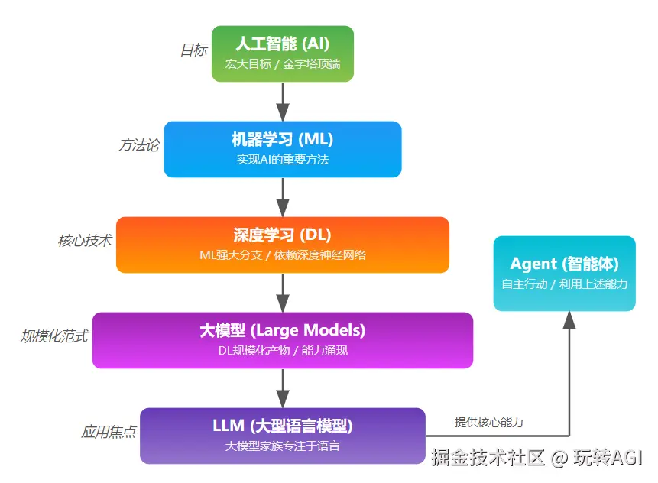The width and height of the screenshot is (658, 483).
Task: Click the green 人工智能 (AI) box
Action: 283,53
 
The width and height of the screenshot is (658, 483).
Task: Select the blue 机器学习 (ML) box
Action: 283,149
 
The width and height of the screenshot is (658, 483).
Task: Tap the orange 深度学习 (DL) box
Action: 283,245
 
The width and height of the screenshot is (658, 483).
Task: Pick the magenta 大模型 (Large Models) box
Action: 283,340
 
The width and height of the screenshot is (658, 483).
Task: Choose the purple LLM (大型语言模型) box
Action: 283,436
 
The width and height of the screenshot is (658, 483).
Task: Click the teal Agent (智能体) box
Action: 564,273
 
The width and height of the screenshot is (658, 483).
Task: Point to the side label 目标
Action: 193,50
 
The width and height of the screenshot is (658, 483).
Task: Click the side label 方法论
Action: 139,145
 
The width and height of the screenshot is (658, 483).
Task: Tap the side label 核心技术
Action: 85,241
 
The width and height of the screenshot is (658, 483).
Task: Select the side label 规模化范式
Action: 54,336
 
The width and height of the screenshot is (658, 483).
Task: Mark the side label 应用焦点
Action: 109,432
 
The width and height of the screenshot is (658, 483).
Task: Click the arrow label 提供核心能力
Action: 489,422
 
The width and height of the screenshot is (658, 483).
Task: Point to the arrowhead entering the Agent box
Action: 569,321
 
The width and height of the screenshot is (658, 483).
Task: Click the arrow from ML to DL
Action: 283,196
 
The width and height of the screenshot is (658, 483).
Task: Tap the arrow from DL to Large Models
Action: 283,292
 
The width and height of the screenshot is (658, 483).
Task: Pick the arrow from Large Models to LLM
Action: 283,387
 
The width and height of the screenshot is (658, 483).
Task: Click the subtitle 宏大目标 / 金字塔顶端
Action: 283,65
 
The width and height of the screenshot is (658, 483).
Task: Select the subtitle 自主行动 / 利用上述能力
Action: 564,284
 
